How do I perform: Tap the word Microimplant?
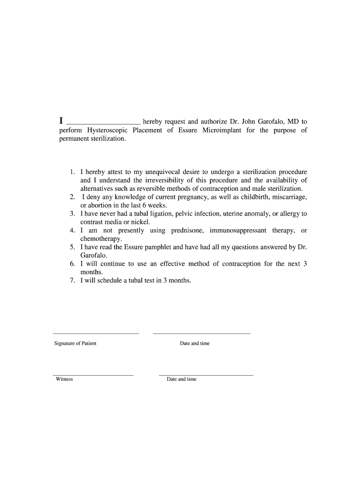pos(222,130)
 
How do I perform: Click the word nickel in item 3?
pos(140,222)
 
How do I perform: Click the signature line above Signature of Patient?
pos(96,334)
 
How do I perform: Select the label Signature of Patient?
pos(75,343)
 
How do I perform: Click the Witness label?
pos(64,379)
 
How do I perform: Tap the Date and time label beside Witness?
pos(181,379)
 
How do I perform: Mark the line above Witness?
pos(93,375)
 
